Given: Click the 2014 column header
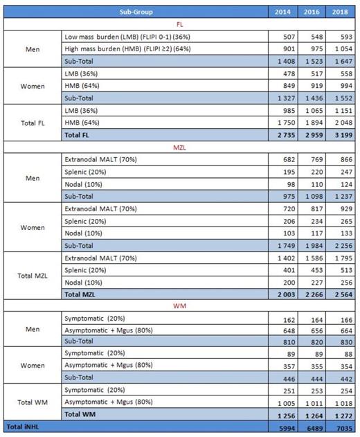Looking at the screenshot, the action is tap(282, 12).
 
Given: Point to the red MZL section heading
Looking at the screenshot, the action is tap(180, 146).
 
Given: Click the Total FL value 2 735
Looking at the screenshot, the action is tap(282, 134).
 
